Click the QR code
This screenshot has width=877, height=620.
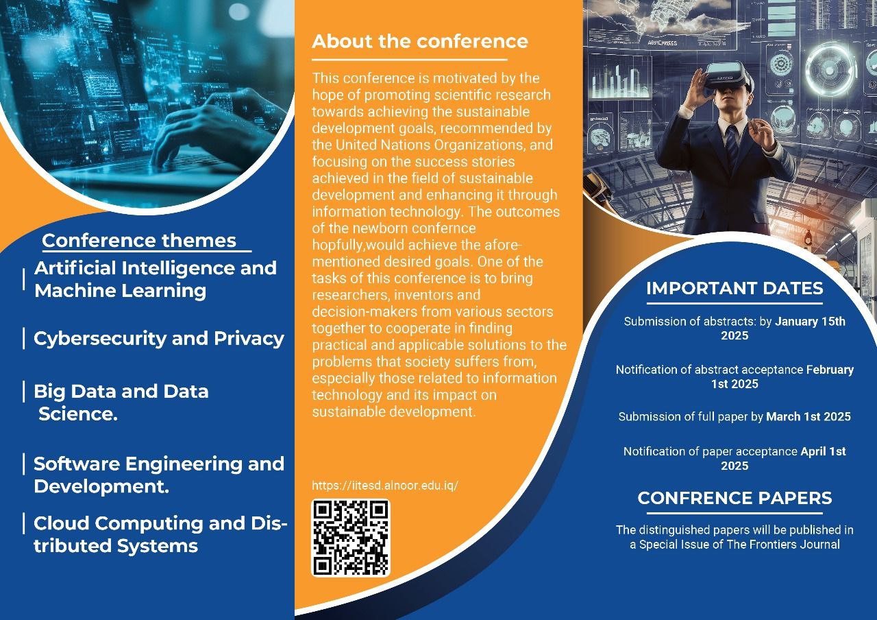tap(350, 538)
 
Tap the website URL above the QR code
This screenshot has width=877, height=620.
tap(385, 486)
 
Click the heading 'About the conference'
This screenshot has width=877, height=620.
tap(420, 42)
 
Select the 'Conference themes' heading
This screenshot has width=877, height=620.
tap(139, 240)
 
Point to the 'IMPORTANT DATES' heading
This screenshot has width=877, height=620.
tap(734, 289)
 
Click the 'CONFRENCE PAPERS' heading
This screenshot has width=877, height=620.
tap(734, 498)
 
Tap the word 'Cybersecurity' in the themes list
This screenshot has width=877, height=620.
tap(100, 339)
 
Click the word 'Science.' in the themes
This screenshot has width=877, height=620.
tap(78, 414)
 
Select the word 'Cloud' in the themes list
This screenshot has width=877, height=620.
tap(62, 523)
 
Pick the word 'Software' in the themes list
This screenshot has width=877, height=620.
tap(77, 464)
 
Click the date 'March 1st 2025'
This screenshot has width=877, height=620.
tap(808, 416)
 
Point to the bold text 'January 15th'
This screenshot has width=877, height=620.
tap(810, 322)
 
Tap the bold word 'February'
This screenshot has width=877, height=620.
tap(830, 370)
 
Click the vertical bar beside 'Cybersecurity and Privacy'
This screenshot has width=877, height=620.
tap(24, 338)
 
